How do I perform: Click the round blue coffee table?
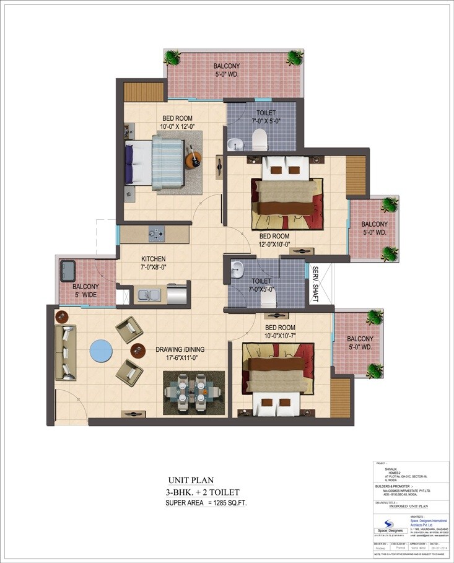point(101,350)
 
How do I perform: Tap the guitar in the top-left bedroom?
point(193,159)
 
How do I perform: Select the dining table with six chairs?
point(193,393)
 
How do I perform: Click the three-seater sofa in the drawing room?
point(65,352)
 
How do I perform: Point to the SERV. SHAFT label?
point(315,284)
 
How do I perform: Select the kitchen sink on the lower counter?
point(148,295)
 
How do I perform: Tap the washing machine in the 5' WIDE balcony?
point(67,270)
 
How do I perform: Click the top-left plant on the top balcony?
point(172,58)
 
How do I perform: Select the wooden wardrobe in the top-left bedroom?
point(143,91)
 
